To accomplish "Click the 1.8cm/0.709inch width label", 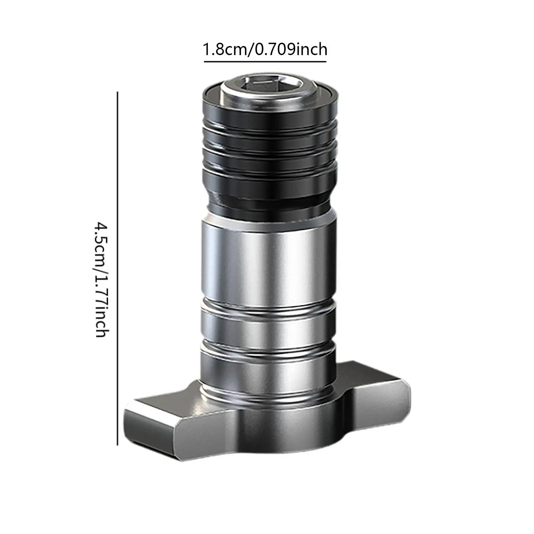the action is (265, 50).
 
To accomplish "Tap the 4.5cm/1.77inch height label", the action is (100, 279).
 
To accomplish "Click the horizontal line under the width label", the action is (265, 61).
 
